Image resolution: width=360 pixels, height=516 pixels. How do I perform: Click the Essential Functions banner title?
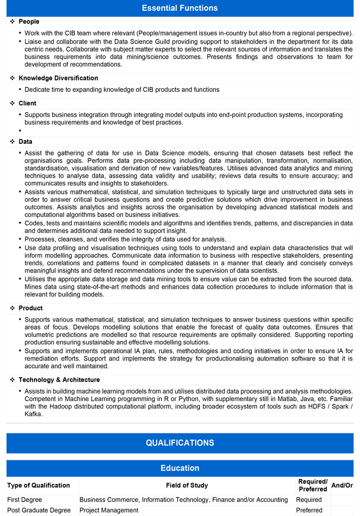tap(180, 8)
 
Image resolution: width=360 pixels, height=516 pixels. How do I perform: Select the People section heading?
tap(29, 22)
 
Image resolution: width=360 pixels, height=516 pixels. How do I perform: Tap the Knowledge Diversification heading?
tap(58, 78)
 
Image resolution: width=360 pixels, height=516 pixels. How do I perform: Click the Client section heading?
tap(27, 103)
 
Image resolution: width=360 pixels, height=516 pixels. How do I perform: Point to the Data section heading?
tap(25, 142)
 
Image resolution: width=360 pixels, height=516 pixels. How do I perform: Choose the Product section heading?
tap(30, 308)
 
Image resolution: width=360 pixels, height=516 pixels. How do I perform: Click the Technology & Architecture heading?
tap(59, 380)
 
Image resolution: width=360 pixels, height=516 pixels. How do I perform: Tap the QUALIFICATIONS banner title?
tap(180, 443)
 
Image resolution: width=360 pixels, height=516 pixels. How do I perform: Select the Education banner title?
tap(180, 468)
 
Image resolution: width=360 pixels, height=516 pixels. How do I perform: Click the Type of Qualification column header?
tap(38, 485)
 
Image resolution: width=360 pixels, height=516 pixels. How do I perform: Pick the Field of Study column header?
tap(187, 485)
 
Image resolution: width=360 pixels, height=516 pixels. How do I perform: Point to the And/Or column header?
tap(342, 485)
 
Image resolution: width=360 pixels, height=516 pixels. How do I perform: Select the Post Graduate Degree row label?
tap(39, 510)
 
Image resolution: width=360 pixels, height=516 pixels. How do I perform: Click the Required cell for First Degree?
tap(309, 500)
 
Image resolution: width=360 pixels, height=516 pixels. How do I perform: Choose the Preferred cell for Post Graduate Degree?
tap(309, 510)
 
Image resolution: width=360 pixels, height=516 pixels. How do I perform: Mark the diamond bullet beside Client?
tap(13, 103)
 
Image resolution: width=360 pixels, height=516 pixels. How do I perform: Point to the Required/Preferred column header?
tap(312, 485)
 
